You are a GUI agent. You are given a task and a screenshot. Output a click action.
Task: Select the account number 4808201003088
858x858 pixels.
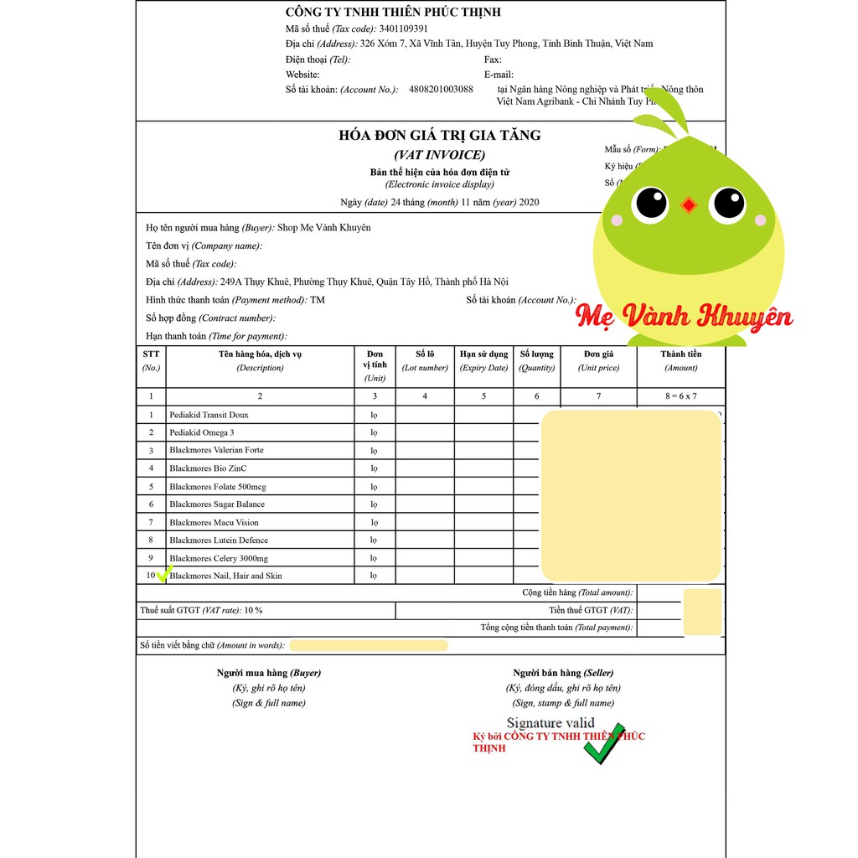[x=441, y=90]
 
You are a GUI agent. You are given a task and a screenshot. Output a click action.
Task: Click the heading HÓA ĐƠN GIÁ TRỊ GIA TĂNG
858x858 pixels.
[x=439, y=136]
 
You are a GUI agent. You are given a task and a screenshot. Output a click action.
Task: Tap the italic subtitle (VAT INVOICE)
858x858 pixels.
[x=439, y=155]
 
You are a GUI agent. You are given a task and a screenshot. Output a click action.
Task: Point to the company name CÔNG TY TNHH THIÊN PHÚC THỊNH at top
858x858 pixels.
[x=393, y=12]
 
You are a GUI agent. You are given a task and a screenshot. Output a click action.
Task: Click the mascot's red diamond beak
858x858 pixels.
[x=689, y=204]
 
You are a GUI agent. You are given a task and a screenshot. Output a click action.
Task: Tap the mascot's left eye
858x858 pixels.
[x=650, y=202]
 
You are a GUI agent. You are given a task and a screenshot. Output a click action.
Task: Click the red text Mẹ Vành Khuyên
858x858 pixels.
[x=684, y=317]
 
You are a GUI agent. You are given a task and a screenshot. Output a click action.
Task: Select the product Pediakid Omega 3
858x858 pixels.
[x=202, y=432]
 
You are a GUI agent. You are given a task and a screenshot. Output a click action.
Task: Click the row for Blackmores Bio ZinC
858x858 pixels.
[x=208, y=468]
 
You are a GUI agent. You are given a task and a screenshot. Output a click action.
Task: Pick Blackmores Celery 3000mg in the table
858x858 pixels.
[x=218, y=558]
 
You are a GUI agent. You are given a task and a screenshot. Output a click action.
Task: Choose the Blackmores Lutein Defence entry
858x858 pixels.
[x=218, y=540]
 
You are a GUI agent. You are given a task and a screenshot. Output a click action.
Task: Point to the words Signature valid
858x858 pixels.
[x=550, y=723]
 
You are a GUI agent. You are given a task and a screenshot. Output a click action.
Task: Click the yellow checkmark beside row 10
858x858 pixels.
[x=164, y=573]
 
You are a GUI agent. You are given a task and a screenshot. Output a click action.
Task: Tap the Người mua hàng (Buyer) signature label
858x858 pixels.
[x=268, y=673]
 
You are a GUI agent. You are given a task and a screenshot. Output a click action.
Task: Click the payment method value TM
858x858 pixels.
[x=318, y=300]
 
